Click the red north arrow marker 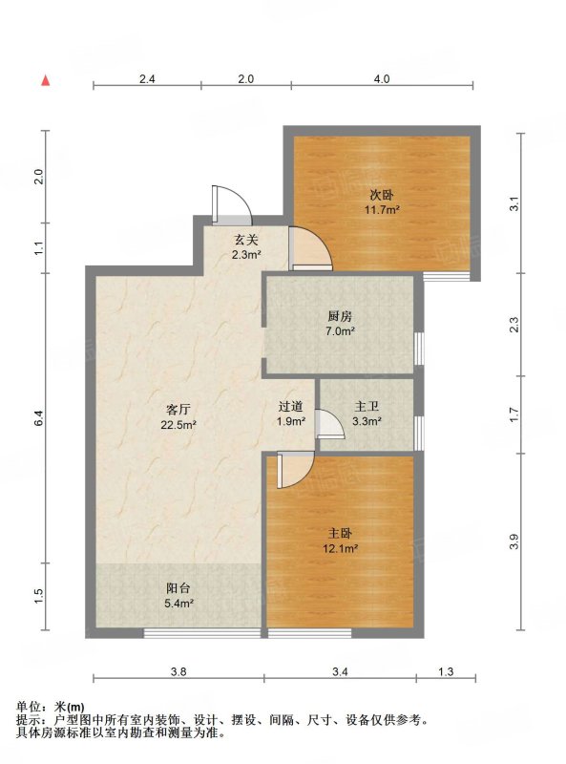click(x=45, y=81)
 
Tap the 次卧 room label click(x=382, y=196)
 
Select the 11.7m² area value click(x=383, y=210)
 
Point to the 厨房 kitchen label click(x=340, y=317)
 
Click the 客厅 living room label click(x=178, y=409)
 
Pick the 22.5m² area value click(x=178, y=425)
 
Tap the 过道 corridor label click(x=291, y=407)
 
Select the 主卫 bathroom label click(x=367, y=407)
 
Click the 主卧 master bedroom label click(x=340, y=534)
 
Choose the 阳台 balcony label click(x=178, y=588)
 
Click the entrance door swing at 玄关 click(x=232, y=204)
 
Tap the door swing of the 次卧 click(x=310, y=248)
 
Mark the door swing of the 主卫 click(x=329, y=424)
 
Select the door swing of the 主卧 click(x=295, y=470)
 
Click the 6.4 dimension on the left click(x=39, y=417)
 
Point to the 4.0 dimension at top click(x=382, y=78)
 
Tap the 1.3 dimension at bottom click(x=446, y=672)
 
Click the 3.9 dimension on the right click(x=514, y=541)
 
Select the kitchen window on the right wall click(x=419, y=348)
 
